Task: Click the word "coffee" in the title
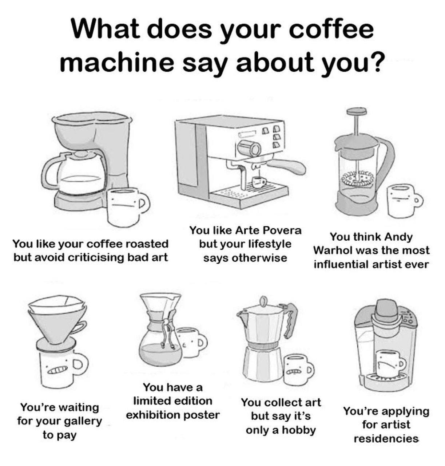tap(330, 30)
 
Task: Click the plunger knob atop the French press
tap(357, 111)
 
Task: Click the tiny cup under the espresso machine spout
tap(259, 182)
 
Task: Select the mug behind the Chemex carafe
tap(191, 343)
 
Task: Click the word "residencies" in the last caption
tap(386, 438)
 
